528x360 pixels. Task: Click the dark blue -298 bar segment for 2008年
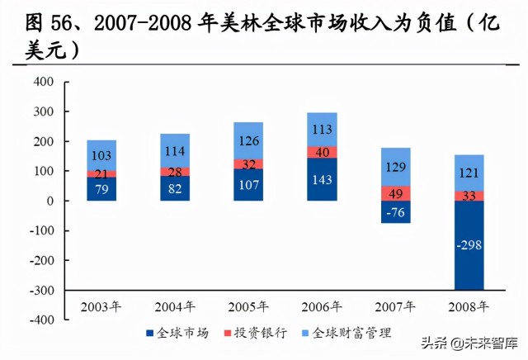point(469,245)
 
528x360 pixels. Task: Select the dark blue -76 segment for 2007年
point(395,212)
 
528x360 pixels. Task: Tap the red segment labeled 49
point(395,193)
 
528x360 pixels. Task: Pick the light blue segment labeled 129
point(395,167)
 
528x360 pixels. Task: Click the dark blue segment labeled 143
point(321,179)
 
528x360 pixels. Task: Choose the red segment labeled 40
point(321,152)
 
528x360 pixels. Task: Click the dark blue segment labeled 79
point(101,189)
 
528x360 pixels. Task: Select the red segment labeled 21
point(101,174)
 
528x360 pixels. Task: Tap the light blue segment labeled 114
point(175,151)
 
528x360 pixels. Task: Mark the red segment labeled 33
point(469,197)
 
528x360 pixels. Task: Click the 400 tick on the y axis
point(44,82)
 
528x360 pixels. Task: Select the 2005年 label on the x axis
point(247,306)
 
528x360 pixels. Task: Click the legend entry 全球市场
point(178,333)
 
